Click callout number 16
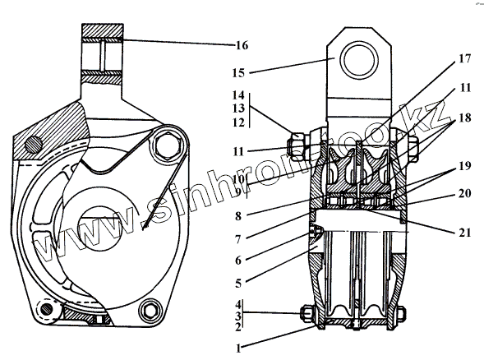[x=242, y=45]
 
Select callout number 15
[x=238, y=73]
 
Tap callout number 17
[x=465, y=58]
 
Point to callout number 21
[x=465, y=232]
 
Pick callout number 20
[x=465, y=194]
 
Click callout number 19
[x=465, y=166]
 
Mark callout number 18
[x=465, y=118]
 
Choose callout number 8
[x=238, y=216]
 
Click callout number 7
[x=238, y=239]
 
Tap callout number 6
[x=238, y=261]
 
